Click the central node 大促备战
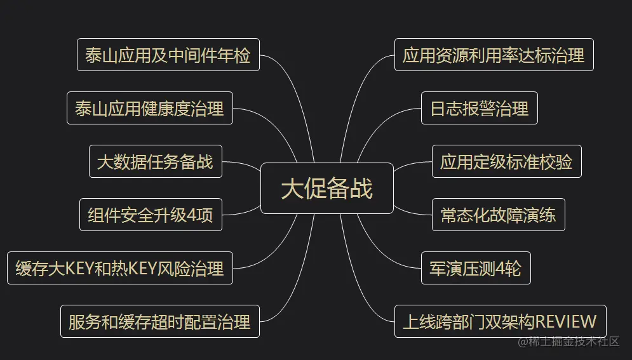point(326,189)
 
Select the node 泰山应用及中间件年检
point(168,55)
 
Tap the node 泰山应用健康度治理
point(149,108)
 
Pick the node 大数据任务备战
point(155,161)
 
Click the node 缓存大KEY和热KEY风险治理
point(119,268)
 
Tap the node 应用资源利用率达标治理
point(494,55)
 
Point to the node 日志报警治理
point(479,108)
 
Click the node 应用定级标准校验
point(506,161)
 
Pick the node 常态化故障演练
point(498,215)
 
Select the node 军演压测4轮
point(475,268)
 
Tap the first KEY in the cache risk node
point(80,269)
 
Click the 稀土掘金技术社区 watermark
point(568,342)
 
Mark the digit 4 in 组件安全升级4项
point(192,215)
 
